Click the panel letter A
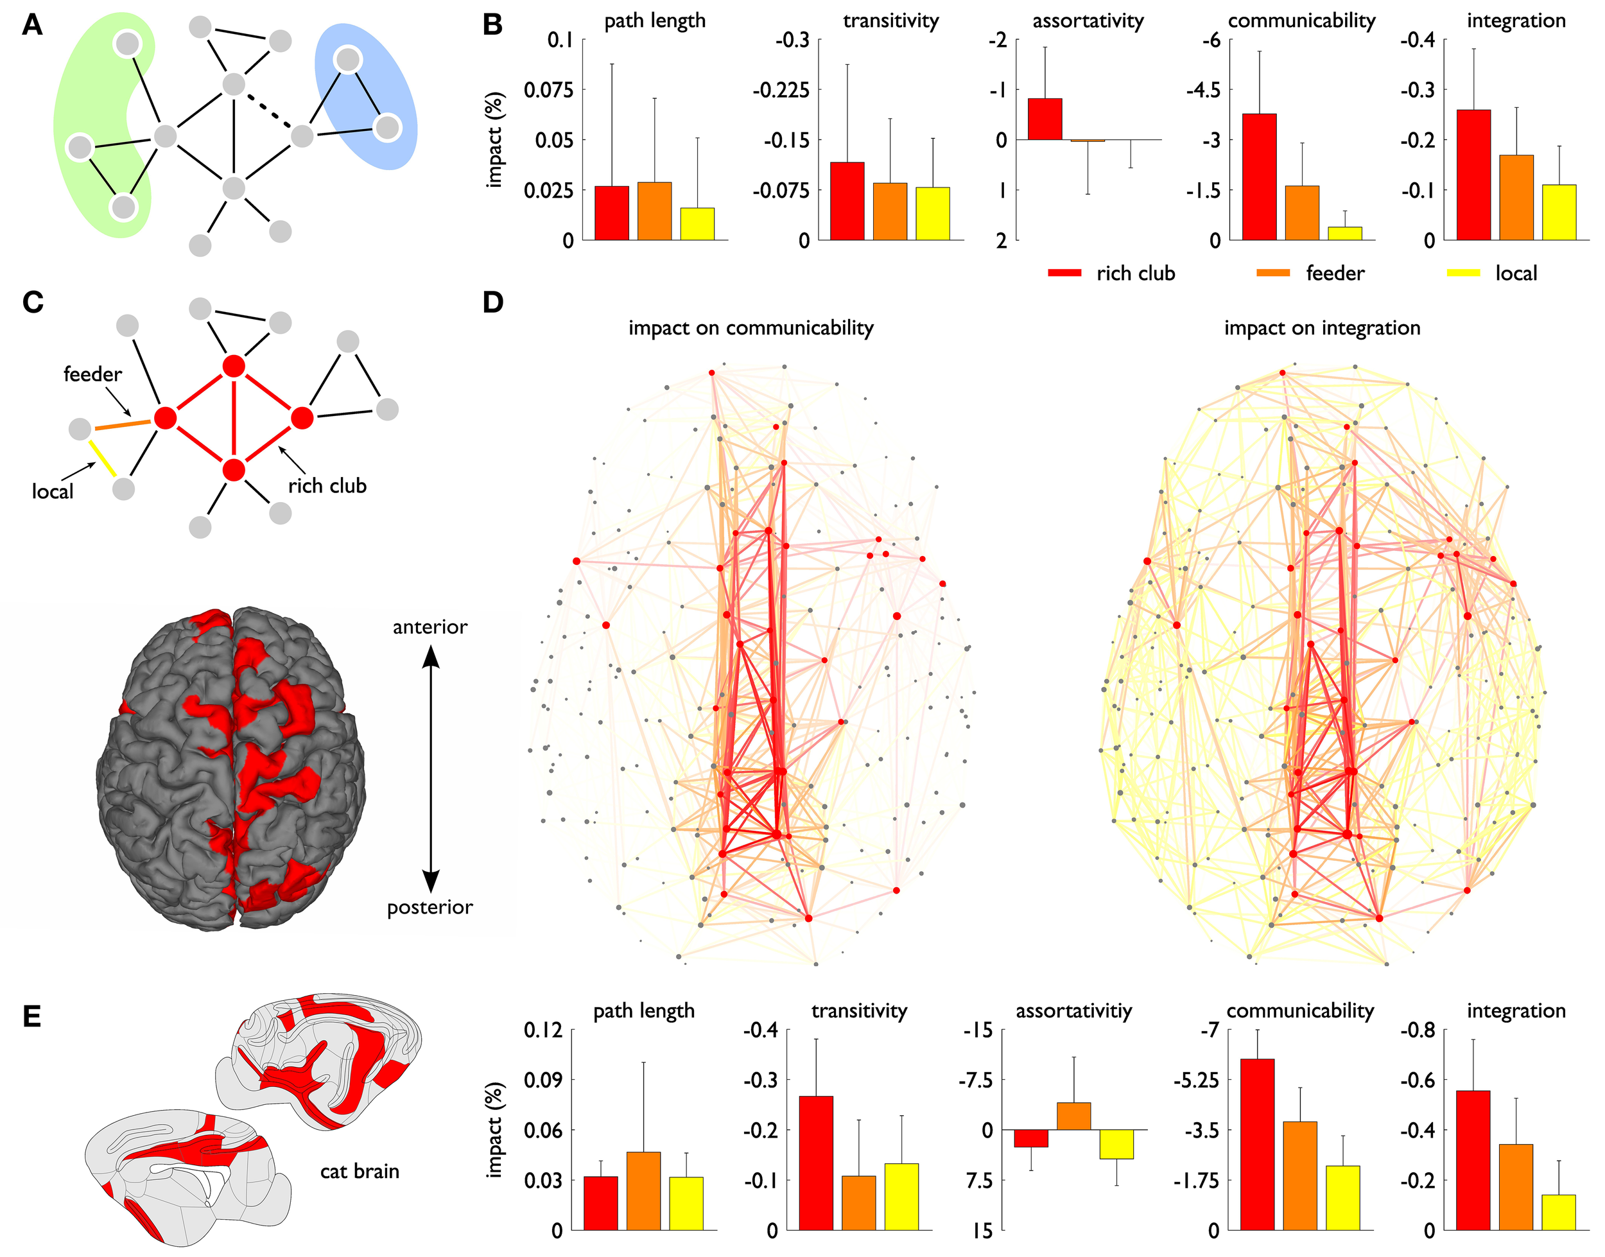31,26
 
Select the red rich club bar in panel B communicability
1259,177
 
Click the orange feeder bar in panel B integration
1516,197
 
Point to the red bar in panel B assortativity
1045,119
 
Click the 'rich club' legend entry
1135,273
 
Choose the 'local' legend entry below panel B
1515,273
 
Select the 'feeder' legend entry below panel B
1334,273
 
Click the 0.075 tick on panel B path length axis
548,90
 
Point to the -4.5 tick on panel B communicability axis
1203,90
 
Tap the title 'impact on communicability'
750,328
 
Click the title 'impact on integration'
1322,328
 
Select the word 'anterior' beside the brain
429,627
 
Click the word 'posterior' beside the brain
429,907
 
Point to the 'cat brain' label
359,1171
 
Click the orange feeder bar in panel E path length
643,1191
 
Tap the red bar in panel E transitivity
815,1163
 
